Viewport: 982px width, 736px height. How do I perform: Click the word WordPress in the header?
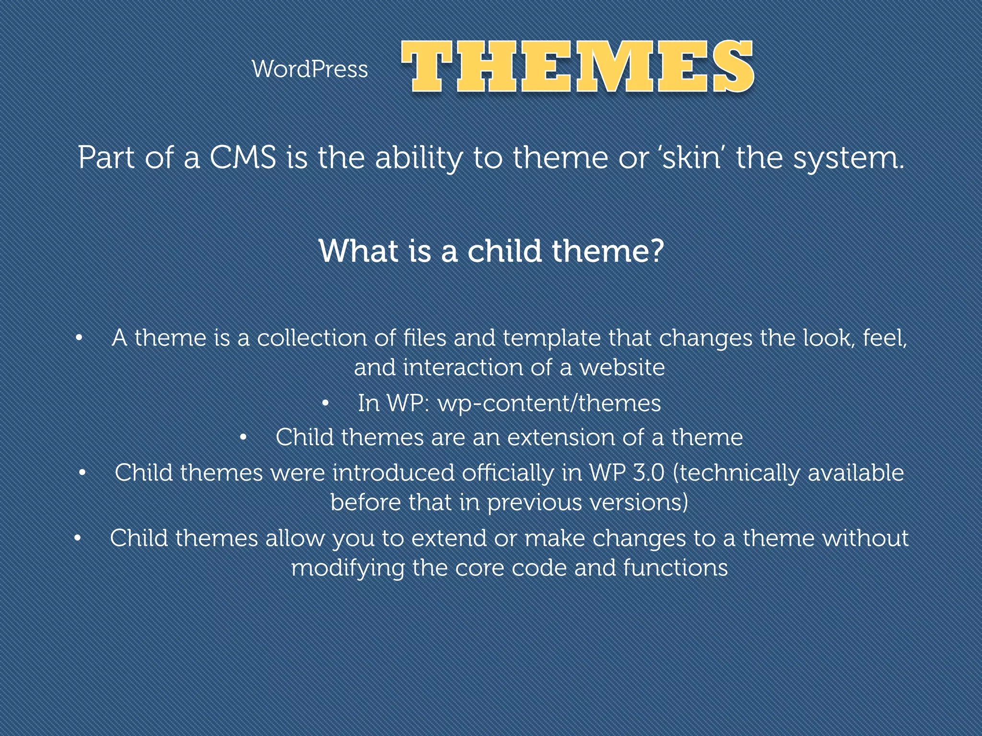point(310,69)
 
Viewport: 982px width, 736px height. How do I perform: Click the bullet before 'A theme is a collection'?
point(79,338)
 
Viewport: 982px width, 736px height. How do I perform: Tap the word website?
point(622,368)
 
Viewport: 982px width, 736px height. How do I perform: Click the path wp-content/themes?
point(549,403)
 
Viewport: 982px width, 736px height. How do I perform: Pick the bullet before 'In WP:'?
point(325,403)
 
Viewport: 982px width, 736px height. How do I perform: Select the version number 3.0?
point(648,473)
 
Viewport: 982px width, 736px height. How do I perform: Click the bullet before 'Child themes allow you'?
point(78,539)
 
